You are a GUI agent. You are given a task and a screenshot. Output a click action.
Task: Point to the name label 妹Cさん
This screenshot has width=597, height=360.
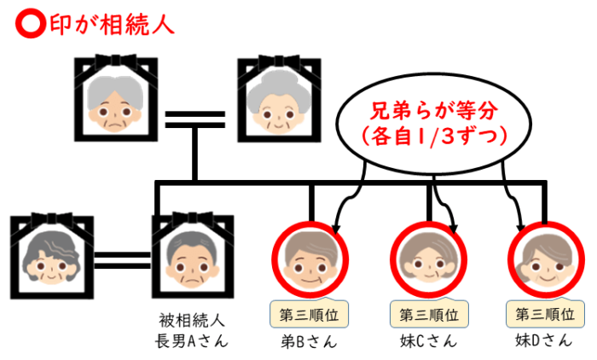point(430,342)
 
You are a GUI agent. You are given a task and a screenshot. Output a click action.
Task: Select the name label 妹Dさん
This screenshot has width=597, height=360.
point(545,342)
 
